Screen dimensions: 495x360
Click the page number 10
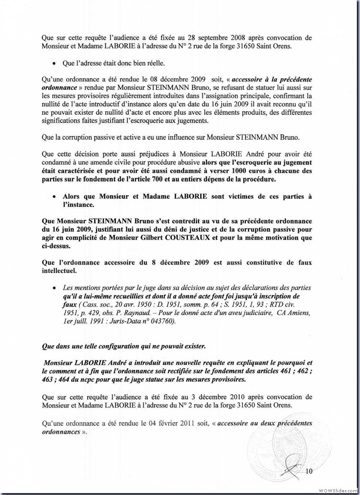(x=309, y=471)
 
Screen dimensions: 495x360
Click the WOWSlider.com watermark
(x=338, y=489)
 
